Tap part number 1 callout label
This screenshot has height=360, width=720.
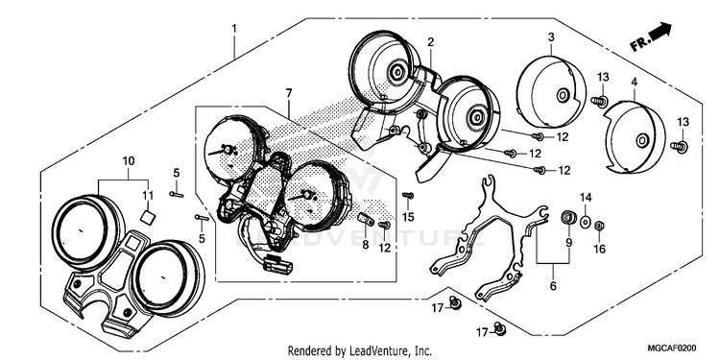pyautogui.click(x=234, y=29)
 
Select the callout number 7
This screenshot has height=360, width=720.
pyautogui.click(x=288, y=94)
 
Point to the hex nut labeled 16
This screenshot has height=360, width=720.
pyautogui.click(x=599, y=226)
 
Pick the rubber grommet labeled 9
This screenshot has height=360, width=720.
pyautogui.click(x=569, y=217)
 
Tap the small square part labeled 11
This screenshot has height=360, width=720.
pyautogui.click(x=147, y=216)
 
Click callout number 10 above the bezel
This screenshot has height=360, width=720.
pyautogui.click(x=129, y=161)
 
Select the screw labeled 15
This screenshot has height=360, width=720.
pyautogui.click(x=408, y=196)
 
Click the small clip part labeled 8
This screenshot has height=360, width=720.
pyautogui.click(x=366, y=219)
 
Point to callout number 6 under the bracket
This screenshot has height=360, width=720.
pyautogui.click(x=553, y=286)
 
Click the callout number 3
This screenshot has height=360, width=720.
pyautogui.click(x=551, y=36)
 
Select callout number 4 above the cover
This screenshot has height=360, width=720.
pyautogui.click(x=635, y=83)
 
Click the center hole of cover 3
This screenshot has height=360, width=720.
pyautogui.click(x=562, y=96)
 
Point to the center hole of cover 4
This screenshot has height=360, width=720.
pyautogui.click(x=641, y=141)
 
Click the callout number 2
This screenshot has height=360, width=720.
pyautogui.click(x=430, y=42)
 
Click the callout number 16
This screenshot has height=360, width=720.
pyautogui.click(x=600, y=249)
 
